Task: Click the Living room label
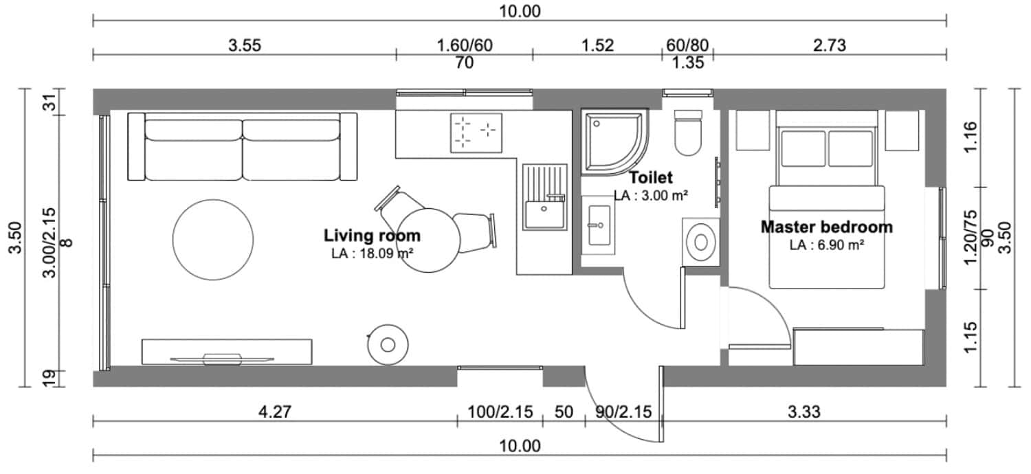pos(372,236)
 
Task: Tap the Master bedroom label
pos(827,227)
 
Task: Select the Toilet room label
pos(651,177)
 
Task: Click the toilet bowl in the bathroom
pos(688,133)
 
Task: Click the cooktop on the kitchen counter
pos(476,133)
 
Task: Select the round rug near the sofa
pos(213,240)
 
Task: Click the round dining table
pos(428,240)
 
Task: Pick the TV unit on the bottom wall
pos(227,352)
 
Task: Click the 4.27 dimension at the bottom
pos(275,411)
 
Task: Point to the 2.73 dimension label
pos(830,45)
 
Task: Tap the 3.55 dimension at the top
pos(245,45)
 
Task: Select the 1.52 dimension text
pos(597,45)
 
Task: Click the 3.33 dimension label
pos(803,411)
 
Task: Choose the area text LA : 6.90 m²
pos(827,245)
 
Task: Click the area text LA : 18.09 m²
pos(372,253)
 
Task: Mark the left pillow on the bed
pos(803,148)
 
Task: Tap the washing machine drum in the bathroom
pos(701,242)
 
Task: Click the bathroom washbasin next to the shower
pos(599,225)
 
